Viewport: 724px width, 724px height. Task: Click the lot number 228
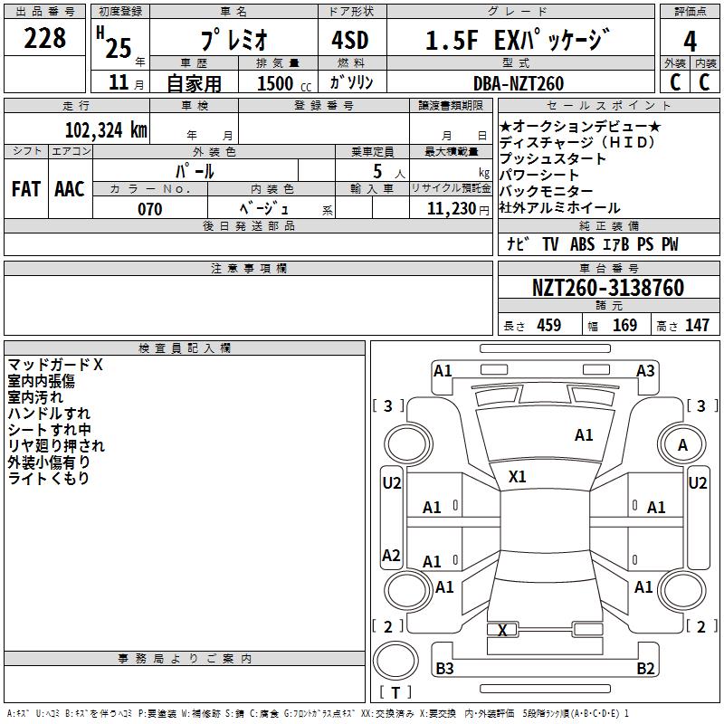[x=45, y=39]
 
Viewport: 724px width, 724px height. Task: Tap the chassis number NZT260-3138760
[x=607, y=288]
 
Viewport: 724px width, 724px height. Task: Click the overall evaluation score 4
[x=691, y=41]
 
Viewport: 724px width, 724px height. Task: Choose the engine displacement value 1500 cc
[x=281, y=83]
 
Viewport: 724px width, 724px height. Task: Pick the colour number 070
[x=149, y=209]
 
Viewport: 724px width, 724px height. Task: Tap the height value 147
[x=697, y=326]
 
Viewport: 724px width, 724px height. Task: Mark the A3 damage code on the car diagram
[x=645, y=370]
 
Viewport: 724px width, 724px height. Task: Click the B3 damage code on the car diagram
[x=444, y=669]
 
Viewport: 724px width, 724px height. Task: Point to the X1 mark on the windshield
[x=518, y=476]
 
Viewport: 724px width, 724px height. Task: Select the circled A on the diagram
[x=682, y=444]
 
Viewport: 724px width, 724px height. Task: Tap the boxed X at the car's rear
[x=501, y=630]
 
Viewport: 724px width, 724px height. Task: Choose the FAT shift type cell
[x=25, y=189]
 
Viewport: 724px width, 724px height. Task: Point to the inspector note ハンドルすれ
[x=50, y=414]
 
